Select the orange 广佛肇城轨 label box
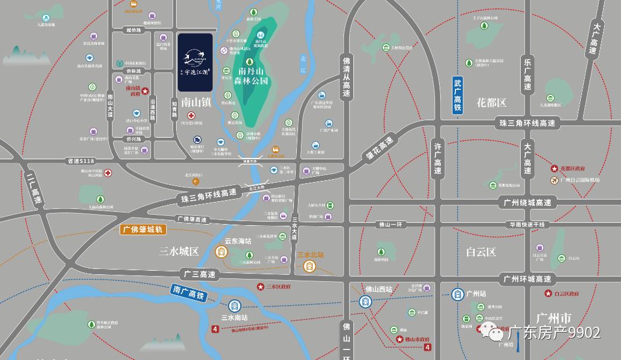pos(143,230)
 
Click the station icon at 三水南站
pos(234,306)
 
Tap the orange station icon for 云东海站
pos(222,252)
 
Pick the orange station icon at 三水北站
pos(310,266)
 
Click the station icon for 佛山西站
pos(366,302)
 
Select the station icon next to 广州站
pos(458,294)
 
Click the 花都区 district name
pos(491,103)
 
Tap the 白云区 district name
pos(480,252)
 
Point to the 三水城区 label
pos(178,251)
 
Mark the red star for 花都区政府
pos(555,169)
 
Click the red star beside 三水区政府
pos(261,286)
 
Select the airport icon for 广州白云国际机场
pos(555,180)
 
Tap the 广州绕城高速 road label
pos(527,202)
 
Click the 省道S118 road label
pos(80,160)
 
